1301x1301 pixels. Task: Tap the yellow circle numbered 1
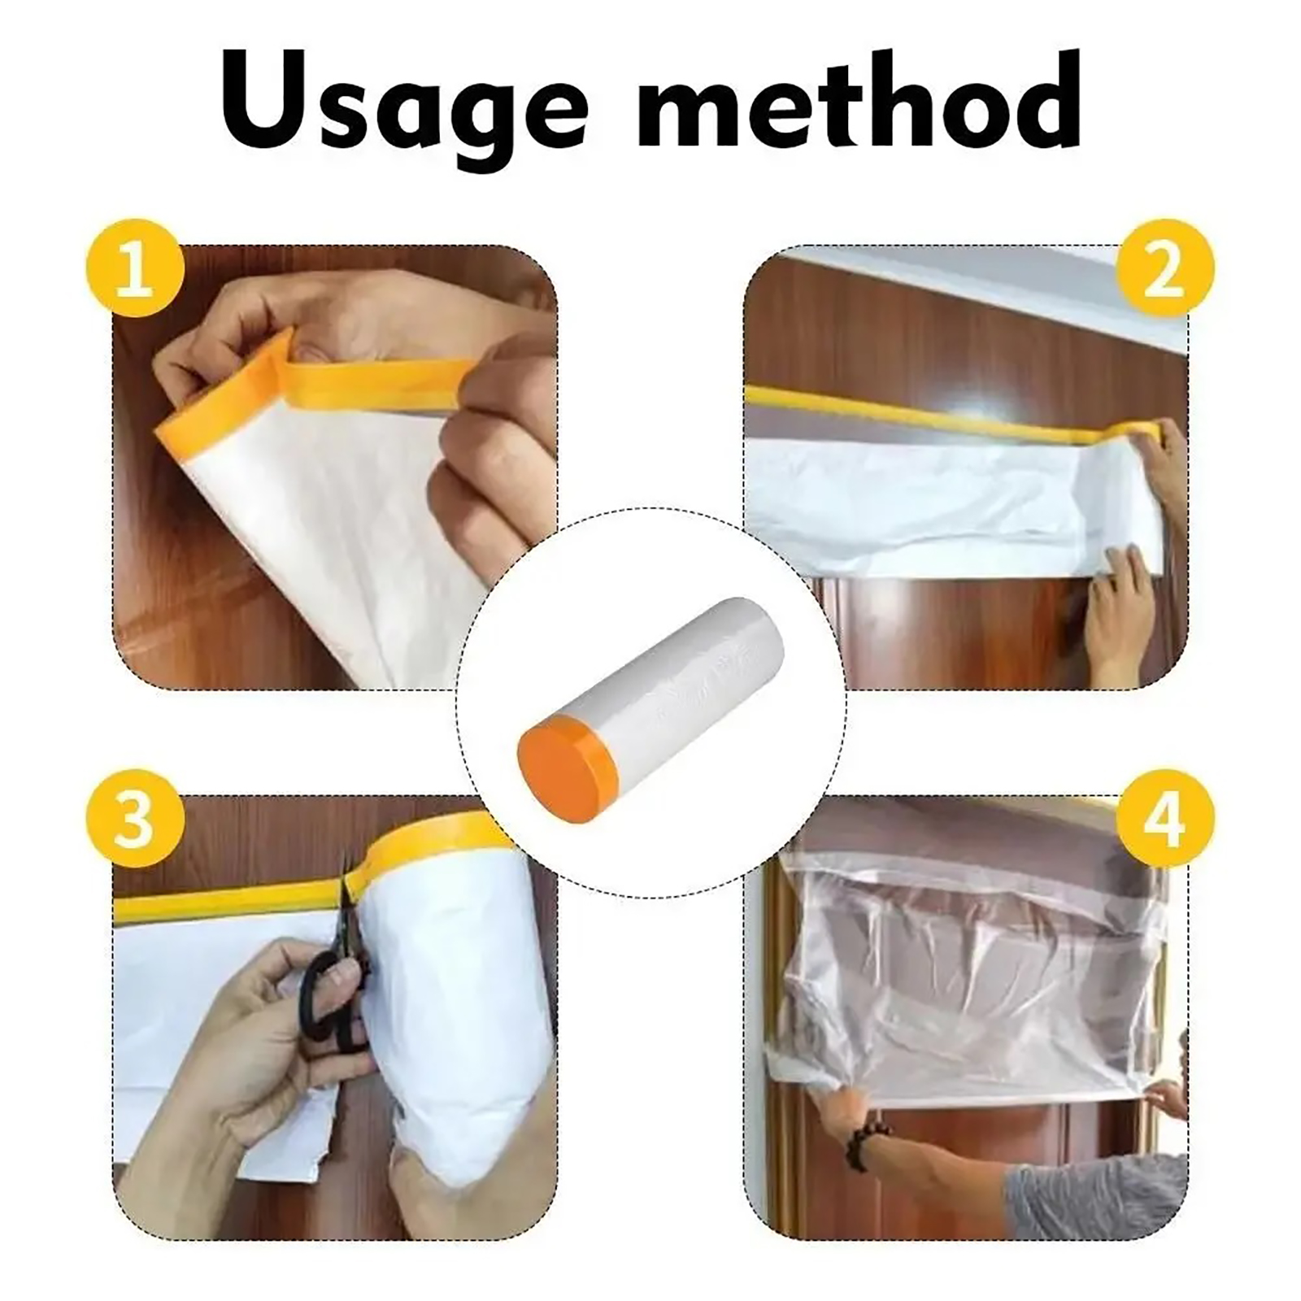click(135, 270)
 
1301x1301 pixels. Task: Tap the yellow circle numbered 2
click(1164, 270)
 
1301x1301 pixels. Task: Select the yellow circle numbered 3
click(135, 819)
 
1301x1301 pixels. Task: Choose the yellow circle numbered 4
click(1164, 819)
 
